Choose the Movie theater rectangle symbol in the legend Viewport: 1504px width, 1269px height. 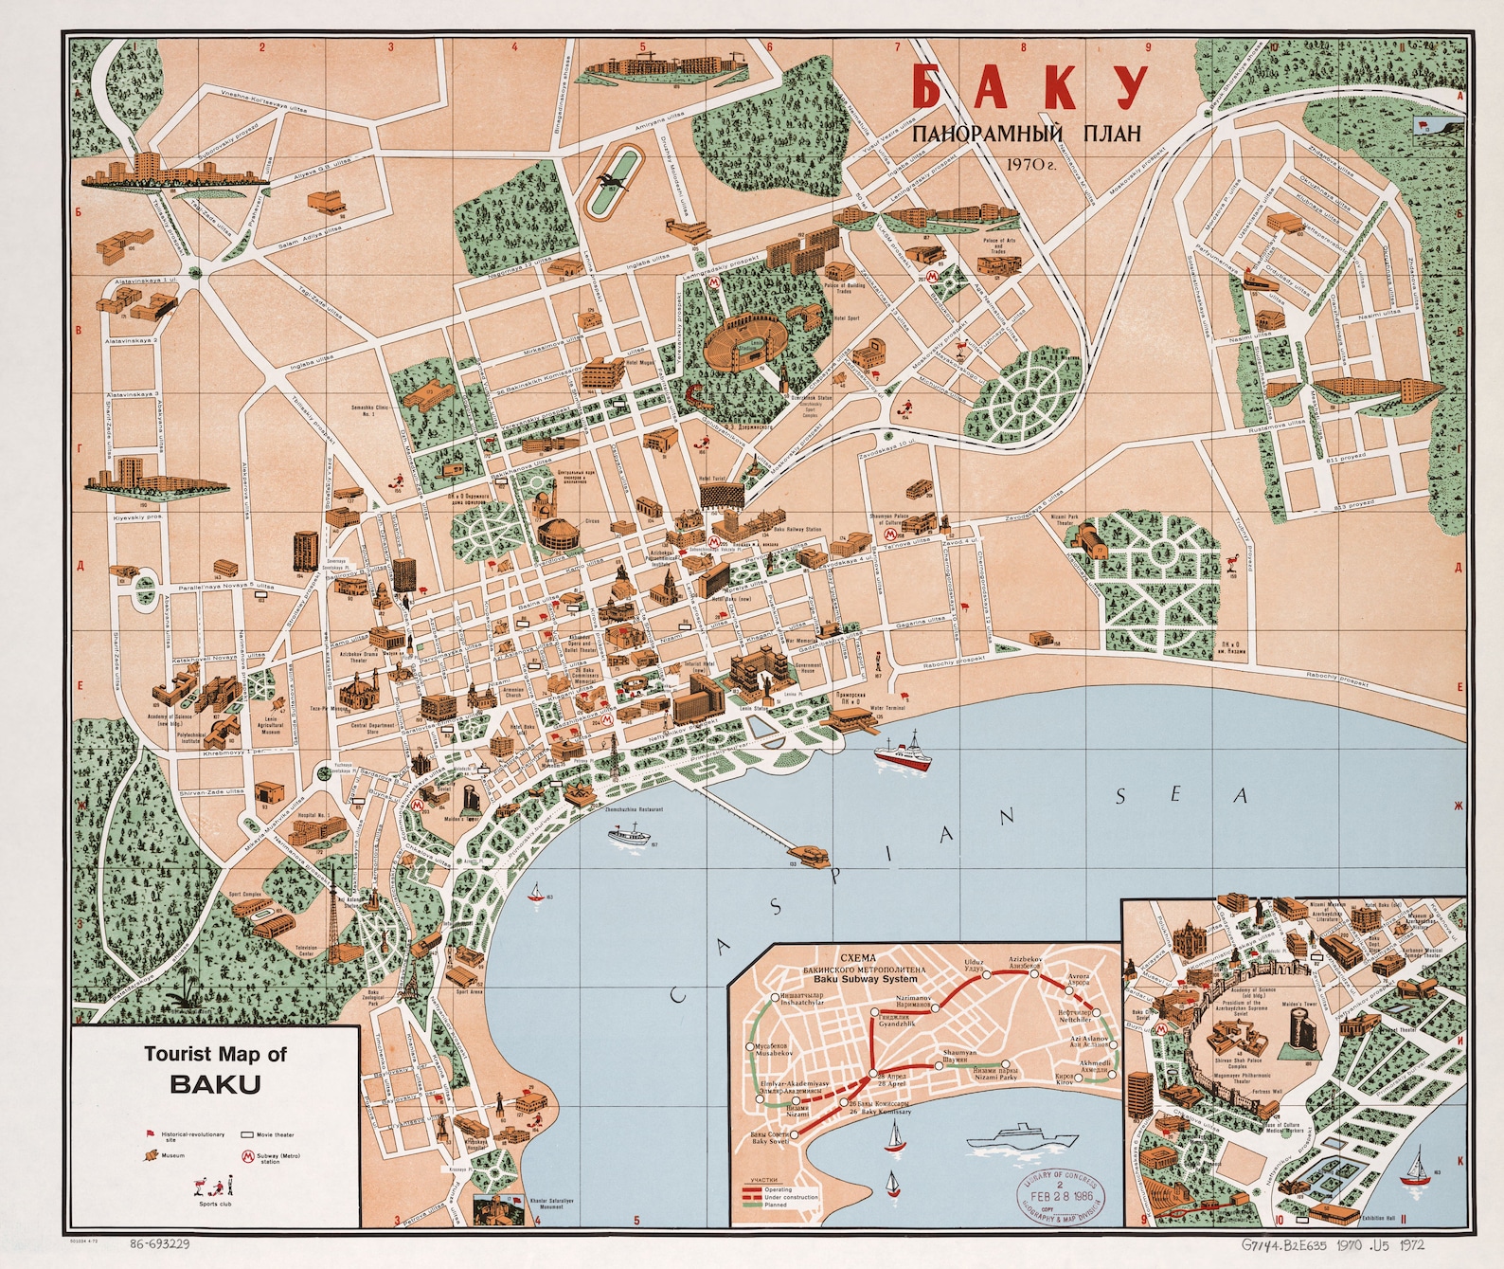click(x=249, y=1133)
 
